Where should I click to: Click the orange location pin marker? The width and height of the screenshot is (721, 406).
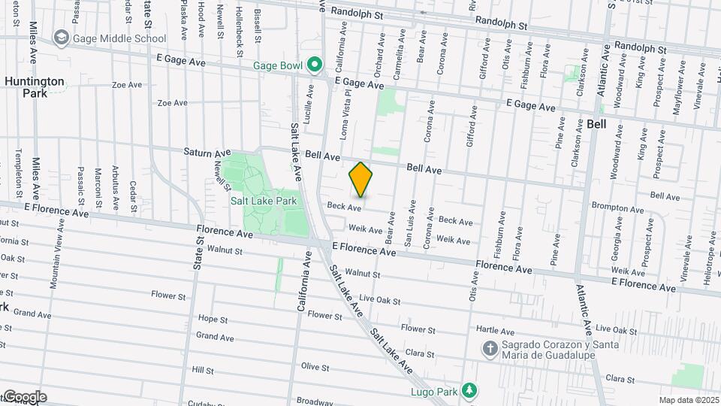tap(361, 180)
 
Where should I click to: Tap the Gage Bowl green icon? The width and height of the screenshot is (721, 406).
tap(315, 65)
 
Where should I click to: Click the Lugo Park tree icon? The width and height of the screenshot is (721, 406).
tap(469, 389)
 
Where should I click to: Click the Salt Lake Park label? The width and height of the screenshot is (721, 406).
tap(264, 201)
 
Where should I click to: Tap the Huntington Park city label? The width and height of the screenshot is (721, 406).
tap(35, 87)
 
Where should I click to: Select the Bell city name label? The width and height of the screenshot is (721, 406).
tap(596, 123)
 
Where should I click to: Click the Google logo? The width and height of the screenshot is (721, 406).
tap(24, 397)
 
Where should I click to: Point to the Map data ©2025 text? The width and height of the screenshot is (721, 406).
tap(689, 400)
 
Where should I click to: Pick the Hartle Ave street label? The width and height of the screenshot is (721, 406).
tap(496, 331)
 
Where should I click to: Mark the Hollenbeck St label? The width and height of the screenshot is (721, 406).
tap(240, 24)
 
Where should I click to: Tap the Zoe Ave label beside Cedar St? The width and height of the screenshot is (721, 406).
tap(127, 85)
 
